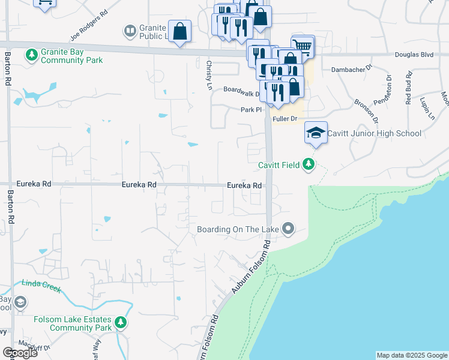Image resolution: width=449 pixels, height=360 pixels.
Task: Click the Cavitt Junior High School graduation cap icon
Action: [x=316, y=133]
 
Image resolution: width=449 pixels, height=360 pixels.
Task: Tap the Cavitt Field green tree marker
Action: [x=309, y=164]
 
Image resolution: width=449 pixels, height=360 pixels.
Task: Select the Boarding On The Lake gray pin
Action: [x=289, y=228]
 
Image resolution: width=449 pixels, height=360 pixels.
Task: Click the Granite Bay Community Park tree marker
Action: [x=31, y=55]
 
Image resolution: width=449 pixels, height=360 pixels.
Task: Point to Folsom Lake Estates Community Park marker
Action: [x=121, y=323]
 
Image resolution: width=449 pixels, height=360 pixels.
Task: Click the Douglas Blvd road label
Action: [x=414, y=55]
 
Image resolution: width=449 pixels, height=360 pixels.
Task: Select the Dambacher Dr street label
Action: [x=352, y=70]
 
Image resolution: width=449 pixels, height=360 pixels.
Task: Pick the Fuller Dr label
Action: [x=285, y=119]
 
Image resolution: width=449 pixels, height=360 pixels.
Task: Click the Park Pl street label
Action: [x=252, y=110]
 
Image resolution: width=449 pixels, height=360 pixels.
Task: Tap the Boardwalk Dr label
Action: [x=241, y=92]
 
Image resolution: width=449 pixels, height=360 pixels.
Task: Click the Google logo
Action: [x=20, y=353]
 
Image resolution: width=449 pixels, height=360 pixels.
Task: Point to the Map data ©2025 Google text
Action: [x=411, y=355]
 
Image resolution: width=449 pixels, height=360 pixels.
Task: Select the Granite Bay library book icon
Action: [x=129, y=31]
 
